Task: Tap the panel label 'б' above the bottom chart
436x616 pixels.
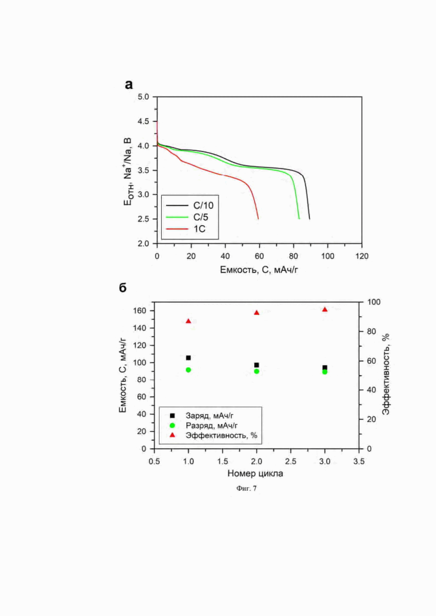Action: point(123,288)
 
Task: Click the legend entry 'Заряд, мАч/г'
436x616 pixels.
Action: point(209,416)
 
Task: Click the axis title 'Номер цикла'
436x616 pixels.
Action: point(255,473)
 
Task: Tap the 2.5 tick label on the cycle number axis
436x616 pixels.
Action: point(291,461)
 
